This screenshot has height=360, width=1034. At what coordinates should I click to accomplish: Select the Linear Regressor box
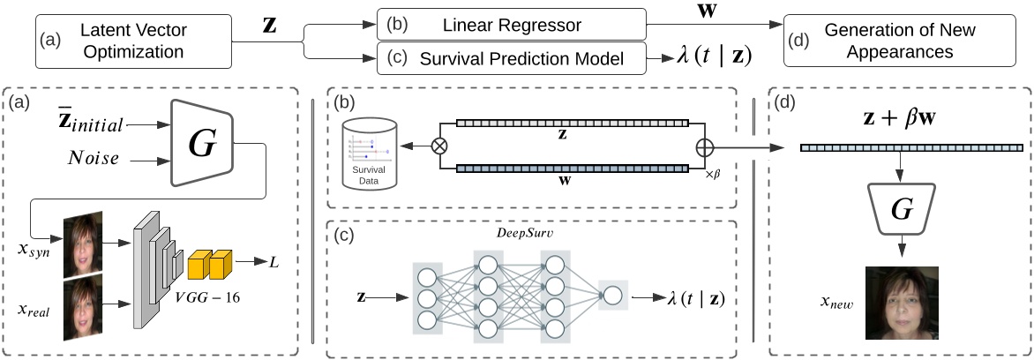(512, 25)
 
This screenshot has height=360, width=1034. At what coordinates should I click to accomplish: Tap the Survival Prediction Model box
(512, 59)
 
